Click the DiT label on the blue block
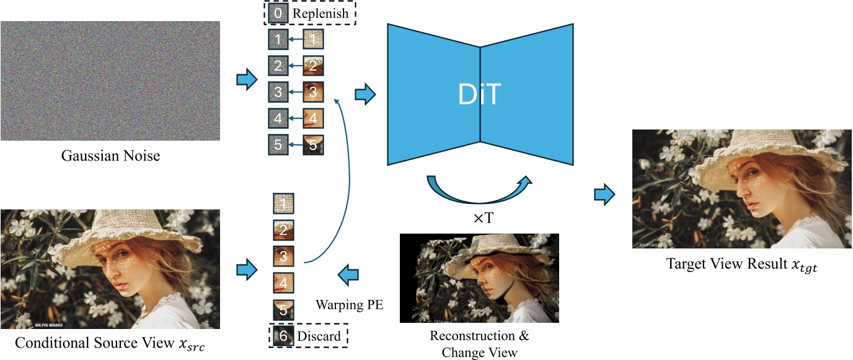coord(479,95)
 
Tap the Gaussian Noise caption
coord(110,156)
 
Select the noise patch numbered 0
coord(278,13)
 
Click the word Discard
coord(319,336)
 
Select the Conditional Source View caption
coord(110,343)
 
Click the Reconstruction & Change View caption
coord(479,344)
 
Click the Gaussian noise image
coord(110,81)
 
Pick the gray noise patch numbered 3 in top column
coord(278,92)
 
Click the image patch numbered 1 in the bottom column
coord(283,203)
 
